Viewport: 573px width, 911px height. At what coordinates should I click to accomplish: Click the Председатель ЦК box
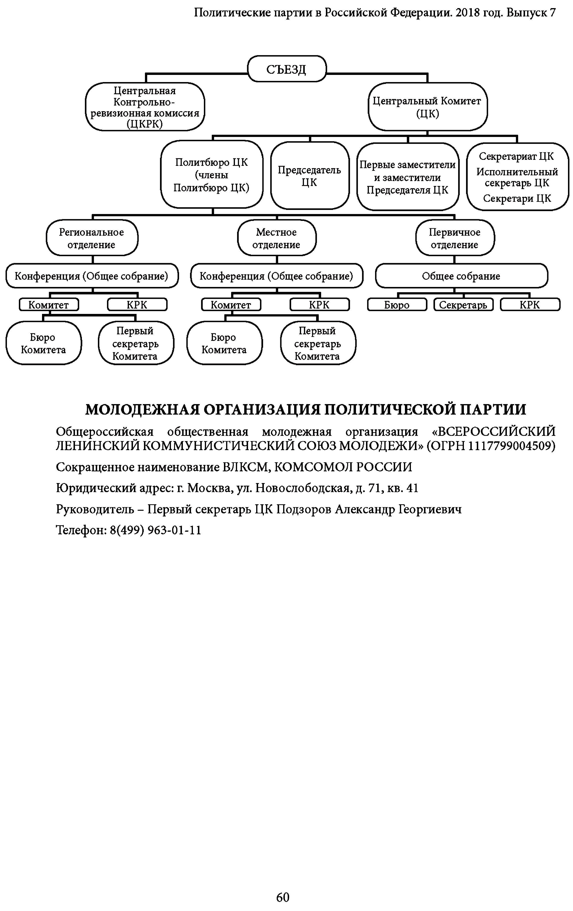pyautogui.click(x=309, y=176)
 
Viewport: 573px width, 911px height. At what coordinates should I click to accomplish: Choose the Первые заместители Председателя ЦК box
pyautogui.click(x=408, y=177)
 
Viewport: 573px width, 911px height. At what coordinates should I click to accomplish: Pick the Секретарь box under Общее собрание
pyautogui.click(x=463, y=305)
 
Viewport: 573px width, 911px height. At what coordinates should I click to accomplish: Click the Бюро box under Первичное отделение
pyautogui.click(x=397, y=305)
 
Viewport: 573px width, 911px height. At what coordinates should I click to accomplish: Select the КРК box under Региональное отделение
pyautogui.click(x=137, y=305)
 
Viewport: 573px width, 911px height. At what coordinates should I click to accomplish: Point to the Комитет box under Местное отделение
pyautogui.click(x=231, y=305)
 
